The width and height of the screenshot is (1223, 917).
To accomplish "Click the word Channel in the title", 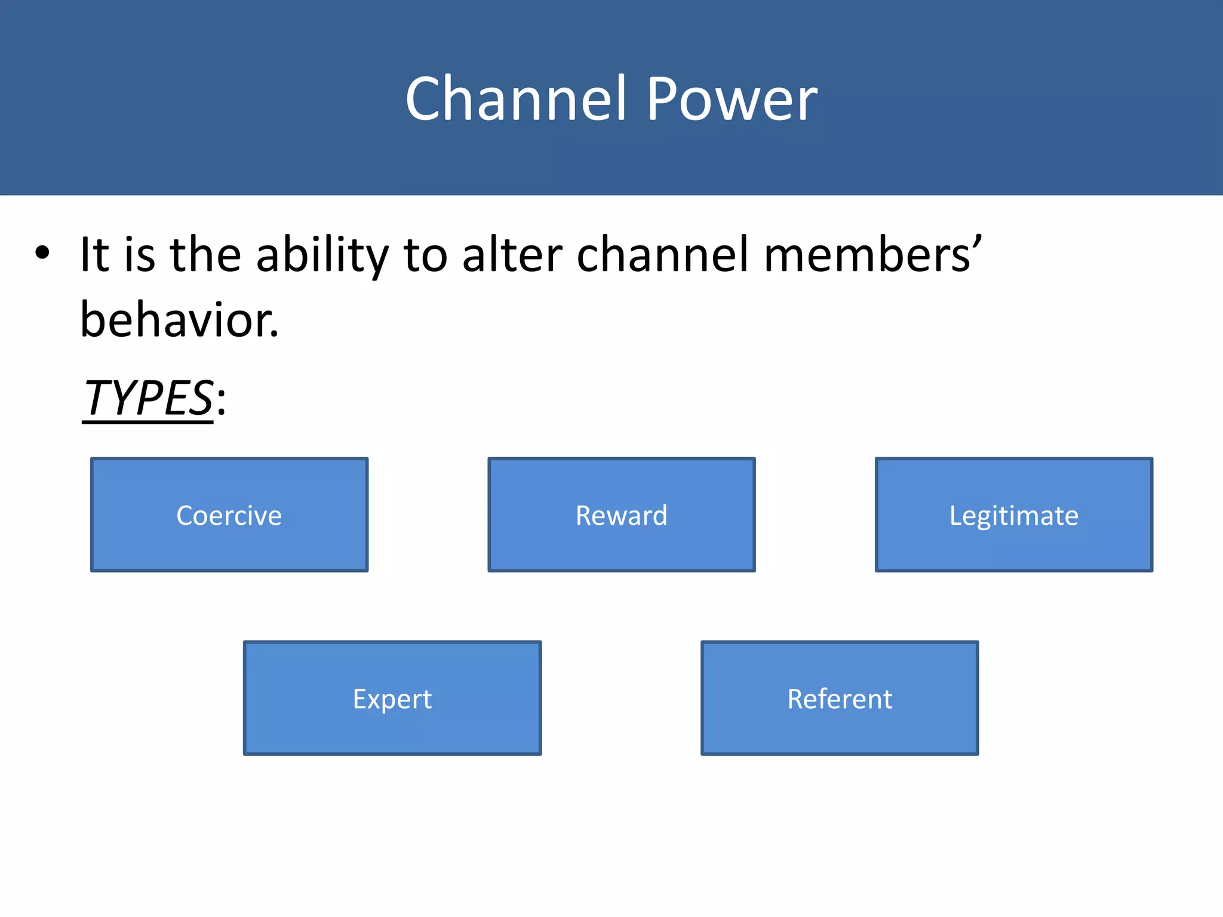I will point(517,99).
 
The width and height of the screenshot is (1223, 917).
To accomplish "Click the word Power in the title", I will point(732,99).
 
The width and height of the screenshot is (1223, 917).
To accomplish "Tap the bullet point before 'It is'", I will point(42,253).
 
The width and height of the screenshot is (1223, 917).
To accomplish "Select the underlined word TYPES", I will point(148,398).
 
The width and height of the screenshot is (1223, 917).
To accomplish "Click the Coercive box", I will point(229,515).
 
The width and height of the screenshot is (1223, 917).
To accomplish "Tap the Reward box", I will point(622,515).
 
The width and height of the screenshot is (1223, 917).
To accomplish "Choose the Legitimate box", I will point(1014,515).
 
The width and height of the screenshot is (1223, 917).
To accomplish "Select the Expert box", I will point(392,698).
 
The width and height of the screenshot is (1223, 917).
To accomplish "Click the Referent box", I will point(840,698).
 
